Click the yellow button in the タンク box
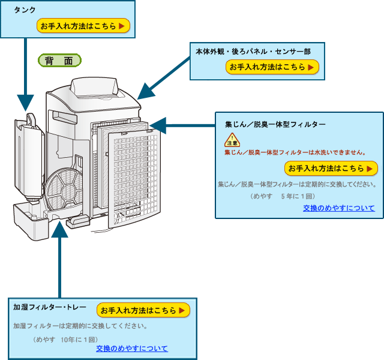83,26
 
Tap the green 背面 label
60,60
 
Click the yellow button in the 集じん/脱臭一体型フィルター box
331,168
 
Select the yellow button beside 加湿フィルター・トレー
143,310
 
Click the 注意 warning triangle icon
232,140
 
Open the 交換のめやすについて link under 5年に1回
338,208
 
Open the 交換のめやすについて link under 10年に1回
131,348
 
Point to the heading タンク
25,10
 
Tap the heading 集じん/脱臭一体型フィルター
275,124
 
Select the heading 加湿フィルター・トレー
49,307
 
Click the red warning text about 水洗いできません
295,152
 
